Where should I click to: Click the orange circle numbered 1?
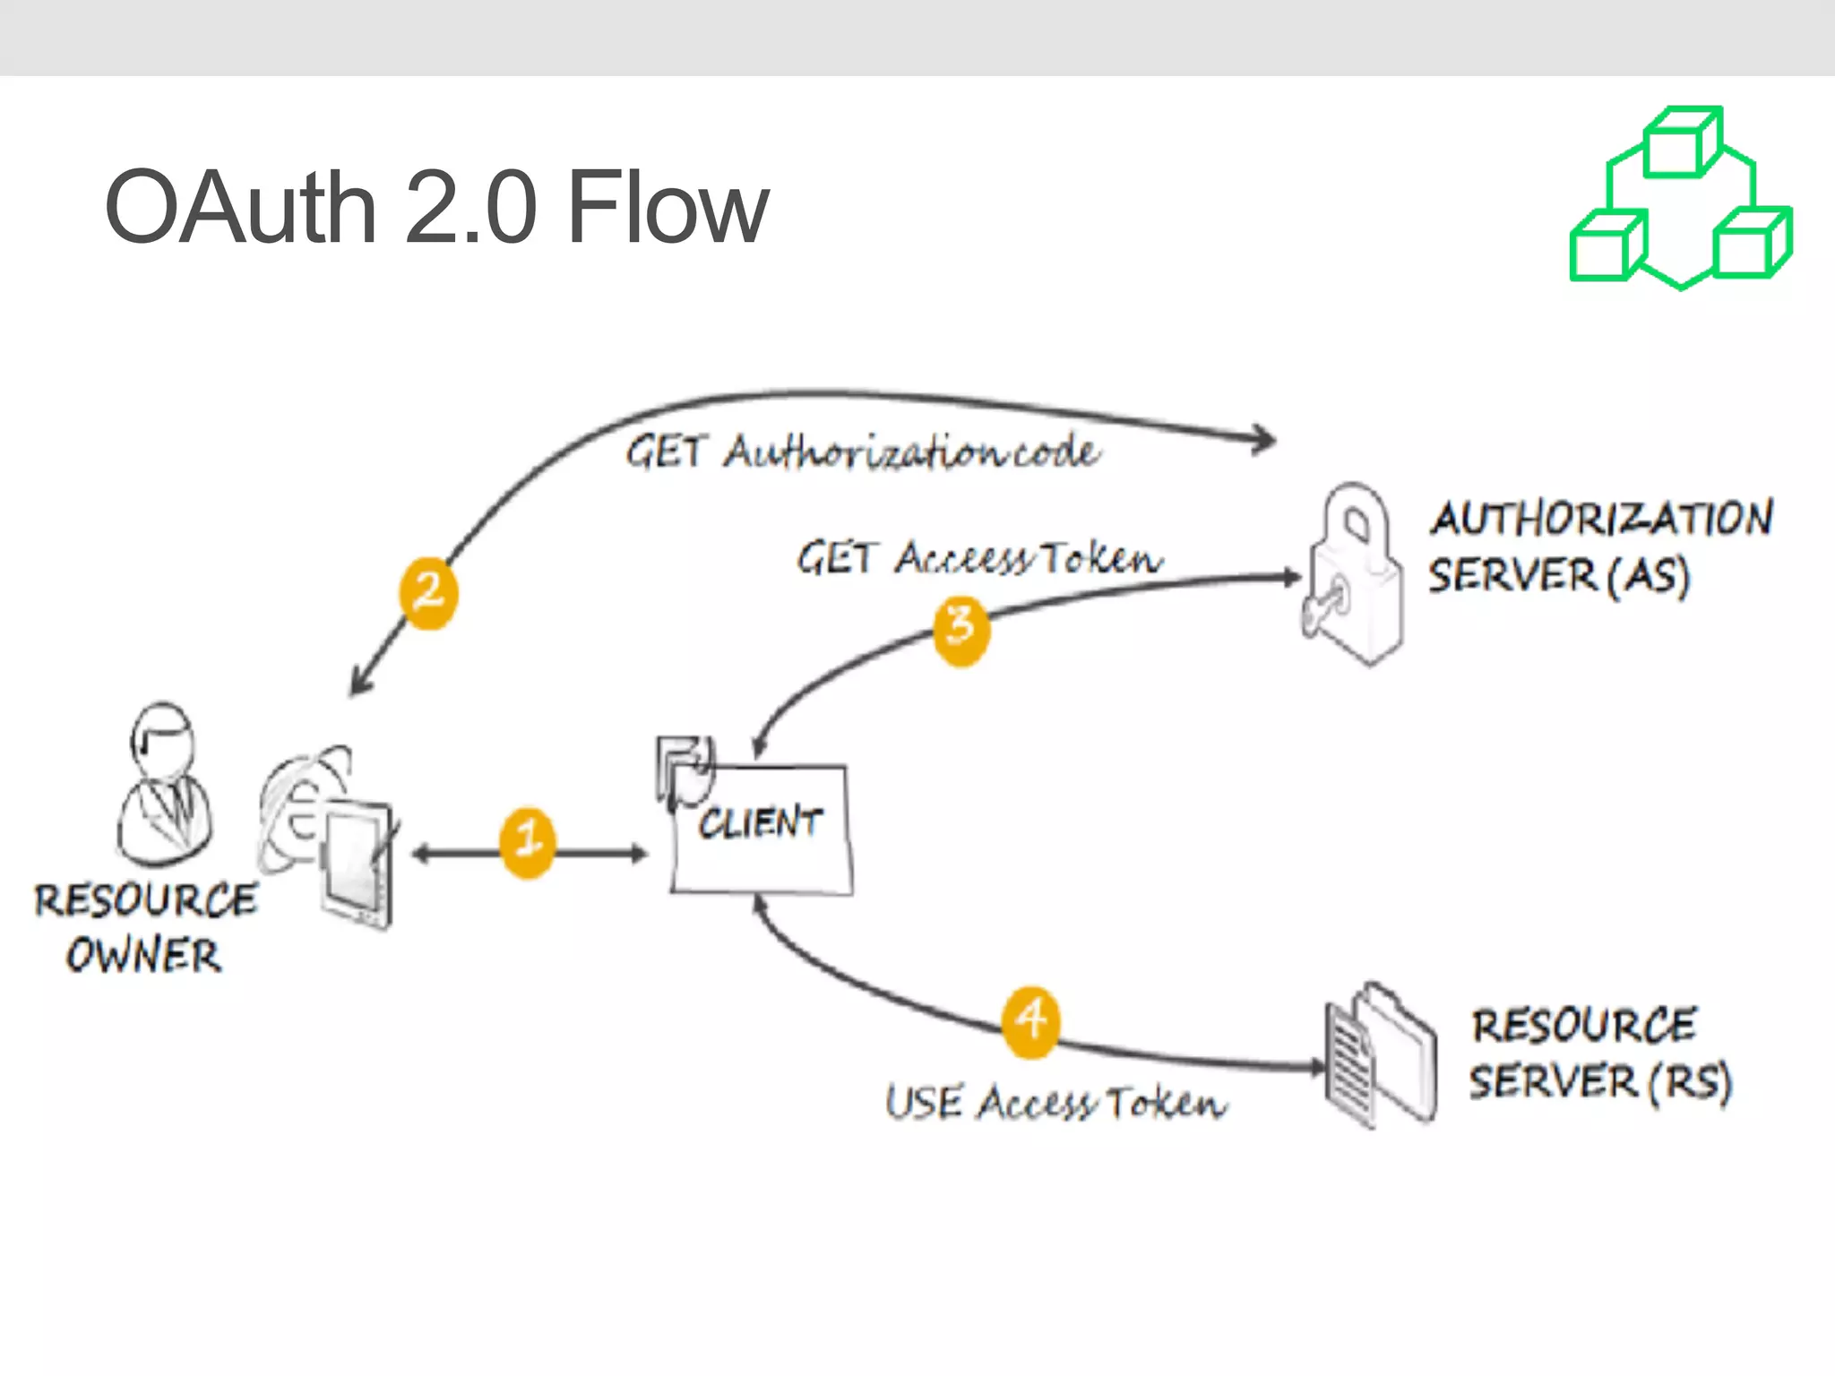click(527, 843)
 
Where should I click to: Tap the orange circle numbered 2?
click(428, 593)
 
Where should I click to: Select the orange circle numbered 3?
click(961, 631)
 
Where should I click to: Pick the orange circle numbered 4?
click(1030, 1022)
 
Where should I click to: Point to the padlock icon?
click(1354, 573)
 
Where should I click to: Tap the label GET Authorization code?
click(862, 451)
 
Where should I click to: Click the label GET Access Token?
click(980, 558)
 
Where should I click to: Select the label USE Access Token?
click(1055, 1103)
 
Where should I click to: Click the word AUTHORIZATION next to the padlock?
click(1601, 518)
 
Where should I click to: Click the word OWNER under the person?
click(143, 955)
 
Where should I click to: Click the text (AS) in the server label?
click(1648, 575)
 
